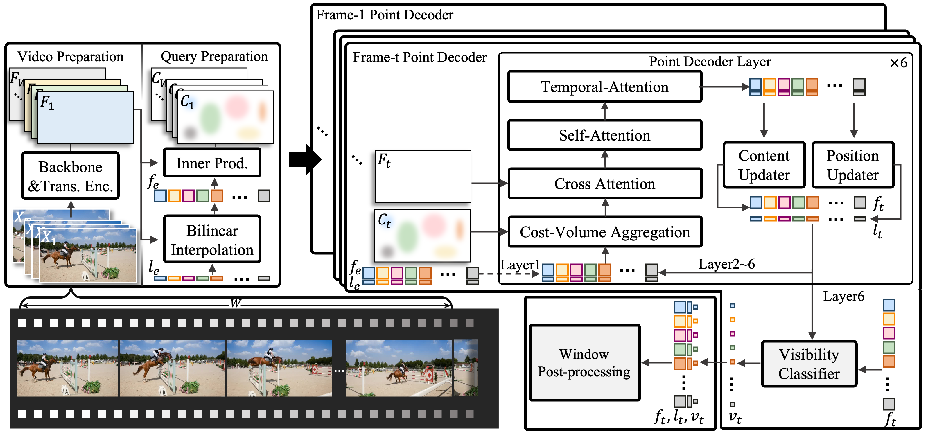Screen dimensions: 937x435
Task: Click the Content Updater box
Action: (764, 165)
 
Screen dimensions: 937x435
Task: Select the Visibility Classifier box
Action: (809, 364)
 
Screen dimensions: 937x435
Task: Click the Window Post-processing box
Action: (584, 363)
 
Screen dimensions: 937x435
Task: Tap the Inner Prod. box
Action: (212, 163)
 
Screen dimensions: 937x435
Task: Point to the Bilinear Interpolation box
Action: (212, 239)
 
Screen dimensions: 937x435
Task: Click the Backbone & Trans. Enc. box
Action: (71, 176)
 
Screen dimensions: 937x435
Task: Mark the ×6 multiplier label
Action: (898, 63)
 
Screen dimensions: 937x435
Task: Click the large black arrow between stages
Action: (305, 159)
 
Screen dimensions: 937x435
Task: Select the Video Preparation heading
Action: (71, 57)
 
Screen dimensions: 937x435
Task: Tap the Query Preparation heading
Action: (214, 56)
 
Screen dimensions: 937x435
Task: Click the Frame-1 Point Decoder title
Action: (385, 15)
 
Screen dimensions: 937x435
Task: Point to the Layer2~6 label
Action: (726, 264)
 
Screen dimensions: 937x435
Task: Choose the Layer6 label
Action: (843, 296)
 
